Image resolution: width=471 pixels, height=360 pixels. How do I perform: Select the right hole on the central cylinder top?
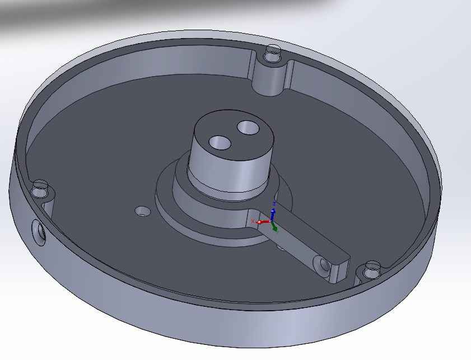246,128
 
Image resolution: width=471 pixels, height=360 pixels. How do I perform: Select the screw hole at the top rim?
274,55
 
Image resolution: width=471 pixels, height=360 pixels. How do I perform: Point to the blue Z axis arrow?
273,213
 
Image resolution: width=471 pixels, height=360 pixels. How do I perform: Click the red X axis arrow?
260,222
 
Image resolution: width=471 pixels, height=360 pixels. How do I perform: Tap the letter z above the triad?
273,203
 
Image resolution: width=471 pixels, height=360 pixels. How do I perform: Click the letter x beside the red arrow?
253,222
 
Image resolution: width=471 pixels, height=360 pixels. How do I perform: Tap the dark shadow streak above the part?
168,14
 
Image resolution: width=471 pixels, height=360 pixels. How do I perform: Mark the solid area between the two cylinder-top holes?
233,136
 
